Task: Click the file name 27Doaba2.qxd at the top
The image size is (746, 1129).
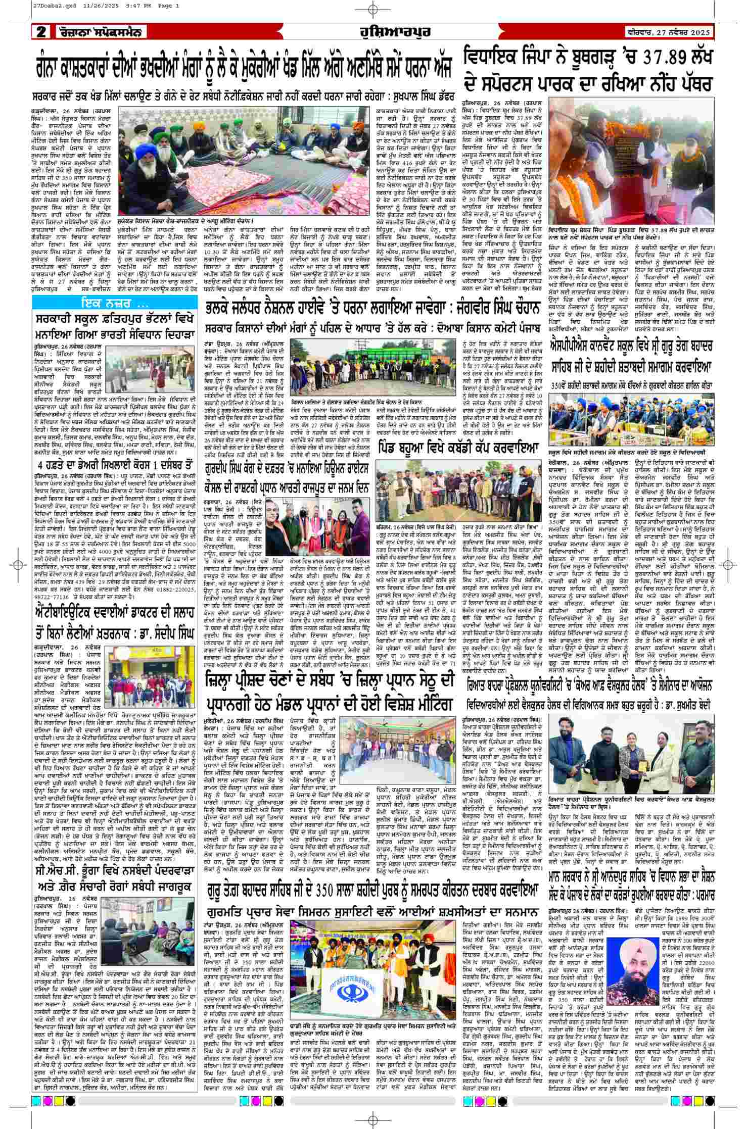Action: (x=23, y=6)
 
